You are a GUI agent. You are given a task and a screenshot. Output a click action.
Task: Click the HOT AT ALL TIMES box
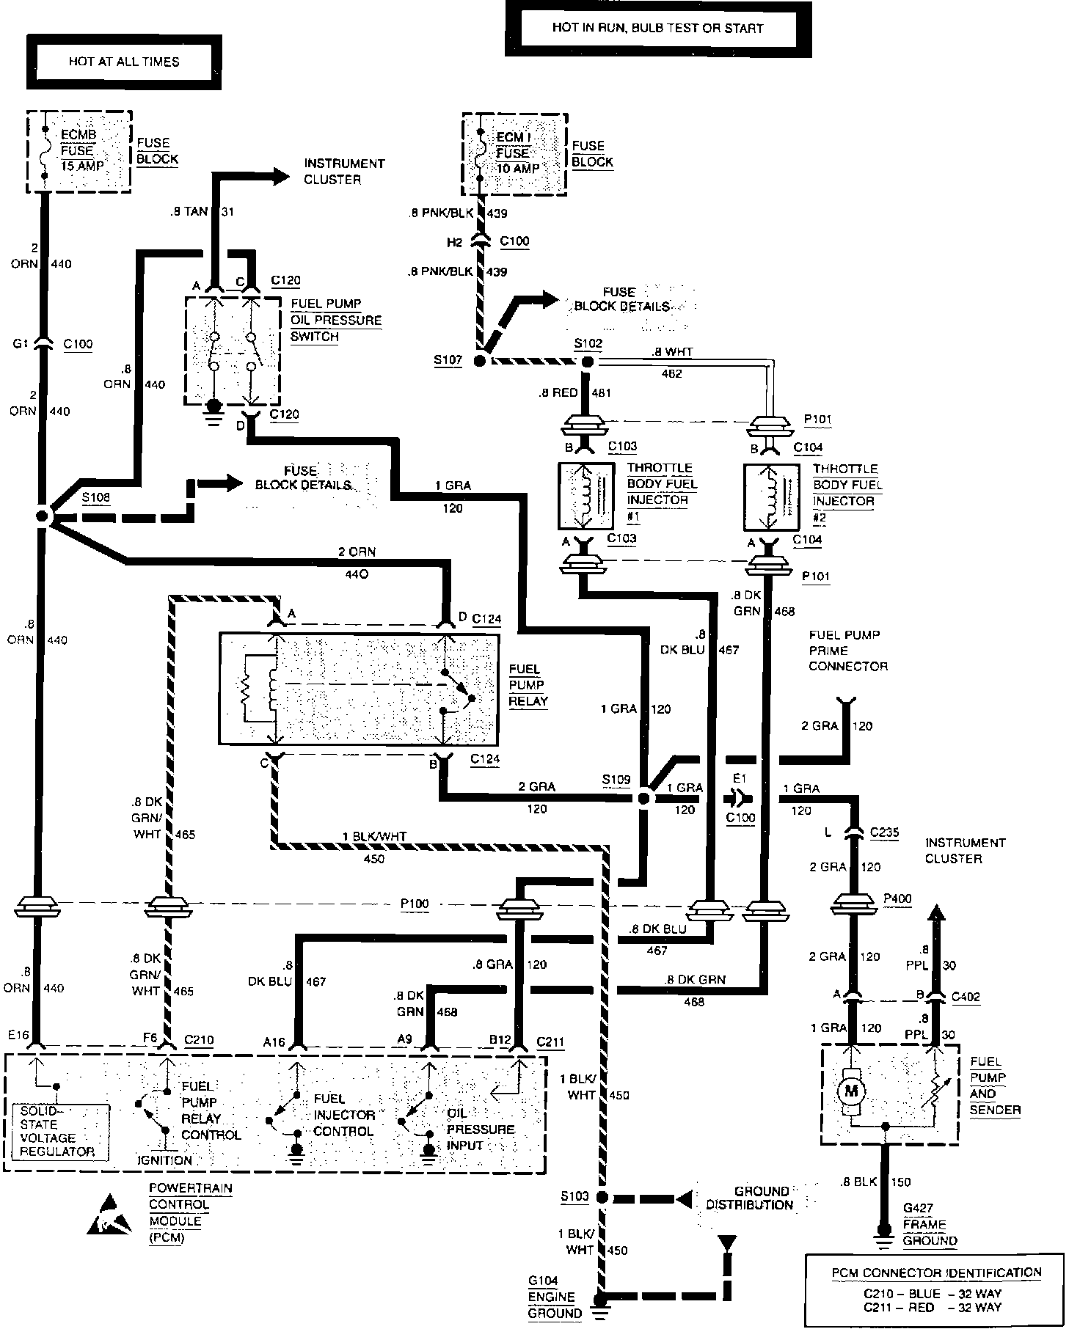[x=124, y=62]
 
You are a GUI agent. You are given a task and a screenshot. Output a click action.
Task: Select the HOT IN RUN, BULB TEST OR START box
[x=657, y=29]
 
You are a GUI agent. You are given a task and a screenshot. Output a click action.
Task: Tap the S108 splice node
[x=42, y=516]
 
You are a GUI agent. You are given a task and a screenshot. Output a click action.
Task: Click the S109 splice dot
[x=643, y=797]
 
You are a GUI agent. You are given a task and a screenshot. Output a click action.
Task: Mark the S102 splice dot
[x=586, y=361]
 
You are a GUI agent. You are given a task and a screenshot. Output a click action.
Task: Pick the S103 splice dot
[x=602, y=1197]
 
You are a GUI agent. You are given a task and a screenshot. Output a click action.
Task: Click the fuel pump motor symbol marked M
[x=851, y=1091]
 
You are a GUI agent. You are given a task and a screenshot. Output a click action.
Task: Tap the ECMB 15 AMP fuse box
[x=79, y=151]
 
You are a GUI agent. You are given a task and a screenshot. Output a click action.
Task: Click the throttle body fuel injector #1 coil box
[x=587, y=496]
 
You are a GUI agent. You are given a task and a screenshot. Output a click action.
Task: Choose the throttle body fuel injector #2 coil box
[x=772, y=497]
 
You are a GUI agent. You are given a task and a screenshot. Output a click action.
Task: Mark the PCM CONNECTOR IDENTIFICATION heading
[x=936, y=1273]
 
